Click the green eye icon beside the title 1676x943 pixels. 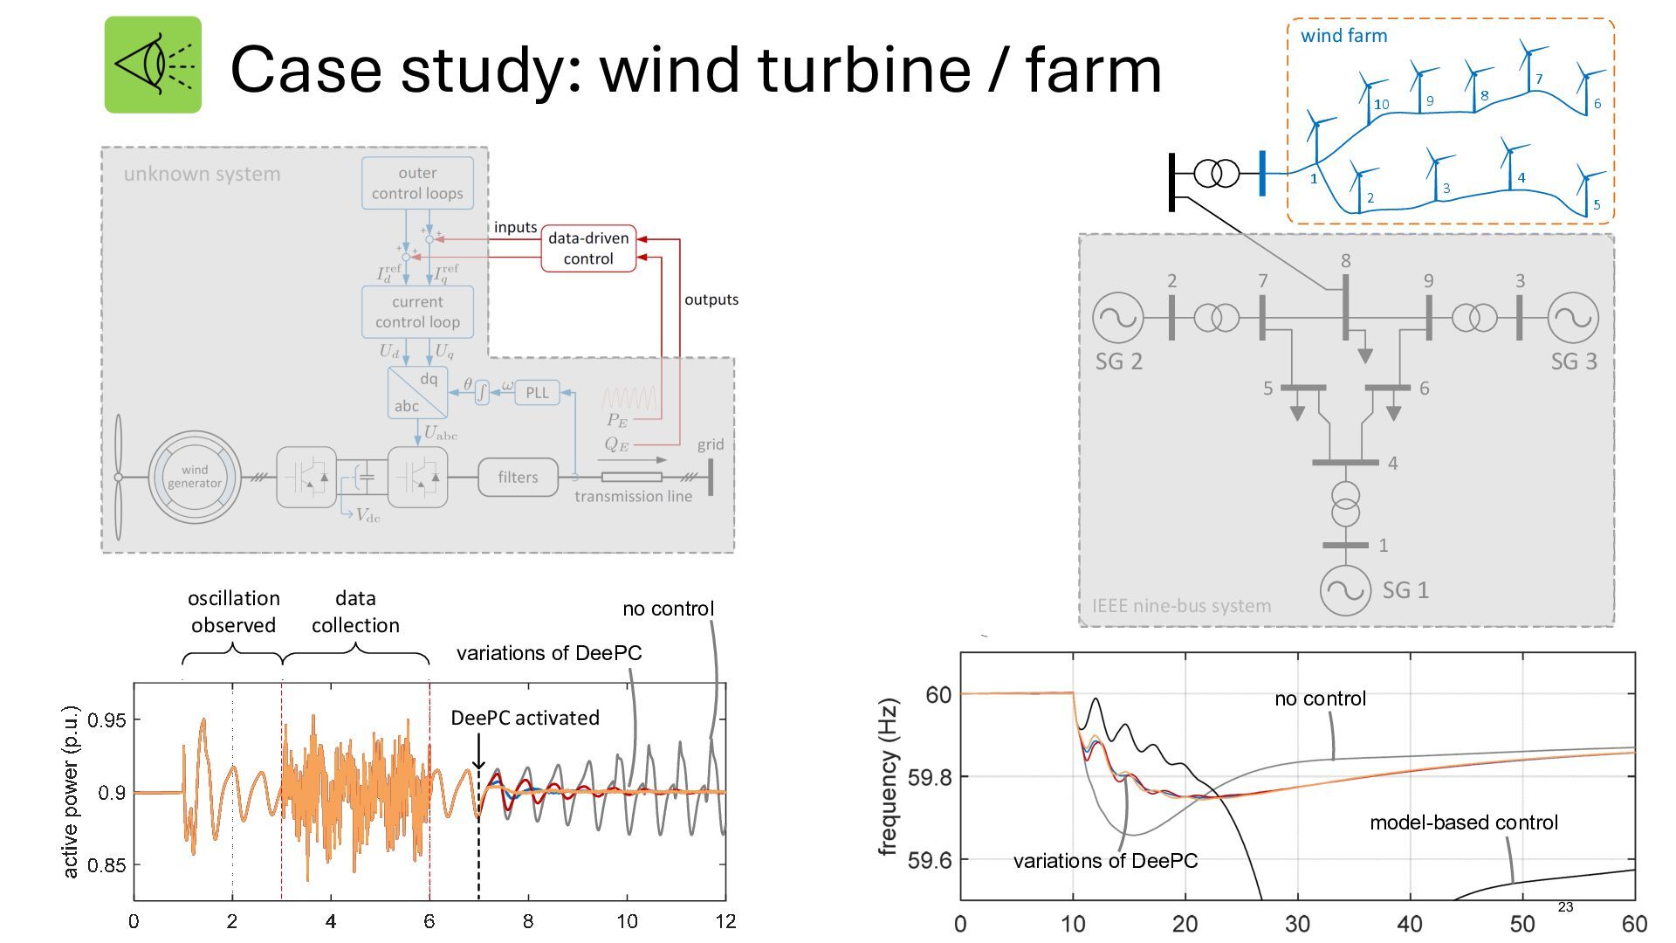pos(153,65)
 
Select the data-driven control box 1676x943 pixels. pos(588,249)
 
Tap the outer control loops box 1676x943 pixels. pos(417,183)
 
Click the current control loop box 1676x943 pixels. pos(417,312)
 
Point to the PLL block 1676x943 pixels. pos(537,393)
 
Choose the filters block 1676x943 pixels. pos(518,478)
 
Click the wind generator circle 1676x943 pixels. pos(195,477)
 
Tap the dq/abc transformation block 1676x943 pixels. pos(417,392)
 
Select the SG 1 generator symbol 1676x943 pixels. pos(1345,590)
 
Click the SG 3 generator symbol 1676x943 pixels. pos(1573,318)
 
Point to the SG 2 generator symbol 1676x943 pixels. pos(1117,318)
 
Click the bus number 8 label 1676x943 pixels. pos(1345,260)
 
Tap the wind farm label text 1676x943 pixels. pos(1343,36)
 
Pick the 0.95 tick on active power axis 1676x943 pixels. pos(106,720)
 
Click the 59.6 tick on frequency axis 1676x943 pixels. pos(929,860)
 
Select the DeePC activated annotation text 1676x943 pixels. pos(525,718)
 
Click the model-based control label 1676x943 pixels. pos(1463,823)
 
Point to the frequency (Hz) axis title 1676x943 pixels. pos(889,776)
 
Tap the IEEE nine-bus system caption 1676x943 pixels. pos(1181,606)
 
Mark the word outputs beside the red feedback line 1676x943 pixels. pos(711,299)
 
